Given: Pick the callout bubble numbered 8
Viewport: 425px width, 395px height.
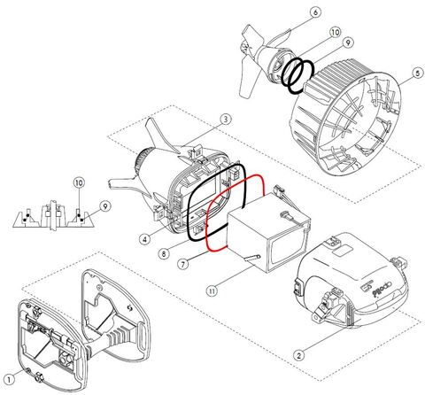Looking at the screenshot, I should click(164, 252).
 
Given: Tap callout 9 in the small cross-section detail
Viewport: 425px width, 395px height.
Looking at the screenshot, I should click(104, 205).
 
